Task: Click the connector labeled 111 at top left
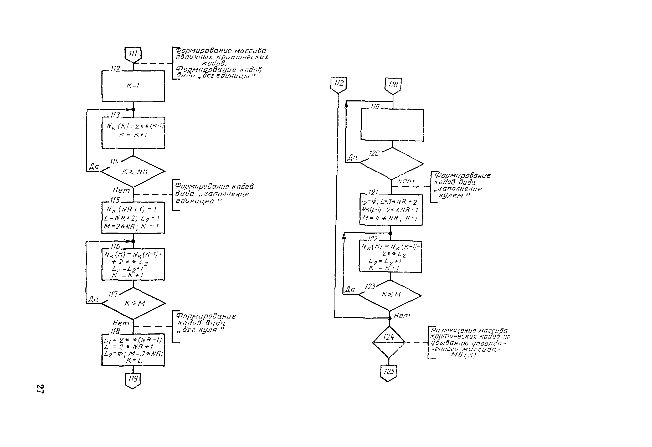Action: (133, 54)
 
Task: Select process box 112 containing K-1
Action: (133, 86)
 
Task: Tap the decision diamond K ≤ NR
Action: (133, 171)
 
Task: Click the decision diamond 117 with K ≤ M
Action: (133, 303)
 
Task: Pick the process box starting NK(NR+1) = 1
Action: (133, 218)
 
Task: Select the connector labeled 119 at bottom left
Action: (133, 380)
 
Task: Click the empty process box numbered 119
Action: (392, 125)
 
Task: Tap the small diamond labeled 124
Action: (389, 342)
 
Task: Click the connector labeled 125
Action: (389, 372)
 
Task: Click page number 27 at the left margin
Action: (40, 389)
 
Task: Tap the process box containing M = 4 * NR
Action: (391, 210)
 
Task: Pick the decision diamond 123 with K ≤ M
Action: (390, 295)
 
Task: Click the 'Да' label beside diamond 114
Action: (94, 166)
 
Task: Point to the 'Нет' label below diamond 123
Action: (402, 316)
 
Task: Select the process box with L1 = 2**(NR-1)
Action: (133, 350)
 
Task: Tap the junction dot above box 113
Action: (133, 109)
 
